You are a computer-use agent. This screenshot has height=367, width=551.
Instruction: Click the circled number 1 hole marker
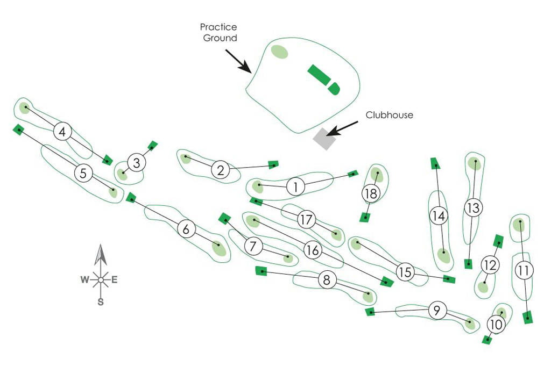pyautogui.click(x=295, y=186)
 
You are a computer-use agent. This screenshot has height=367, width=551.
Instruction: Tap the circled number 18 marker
pyautogui.click(x=370, y=193)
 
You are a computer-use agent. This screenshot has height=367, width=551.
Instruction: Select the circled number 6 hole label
pyautogui.click(x=186, y=229)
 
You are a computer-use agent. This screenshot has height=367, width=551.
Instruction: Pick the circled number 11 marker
pyautogui.click(x=523, y=271)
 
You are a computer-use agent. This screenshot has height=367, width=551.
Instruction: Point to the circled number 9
pyautogui.click(x=437, y=310)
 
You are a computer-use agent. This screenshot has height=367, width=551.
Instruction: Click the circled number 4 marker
pyautogui.click(x=63, y=131)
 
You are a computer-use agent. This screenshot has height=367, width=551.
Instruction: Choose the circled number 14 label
pyautogui.click(x=439, y=216)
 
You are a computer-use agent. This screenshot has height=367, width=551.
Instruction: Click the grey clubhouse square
pyautogui.click(x=324, y=139)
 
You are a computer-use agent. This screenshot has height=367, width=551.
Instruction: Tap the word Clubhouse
pyautogui.click(x=389, y=115)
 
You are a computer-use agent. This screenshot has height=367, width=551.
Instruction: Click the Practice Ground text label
pyautogui.click(x=219, y=32)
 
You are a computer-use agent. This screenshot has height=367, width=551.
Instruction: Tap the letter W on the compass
pyautogui.click(x=84, y=279)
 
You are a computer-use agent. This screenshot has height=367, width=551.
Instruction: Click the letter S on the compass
pyautogui.click(x=101, y=302)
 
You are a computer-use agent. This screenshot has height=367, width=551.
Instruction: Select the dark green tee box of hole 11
pyautogui.click(x=528, y=318)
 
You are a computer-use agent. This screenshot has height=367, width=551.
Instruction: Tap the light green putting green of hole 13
pyautogui.click(x=474, y=163)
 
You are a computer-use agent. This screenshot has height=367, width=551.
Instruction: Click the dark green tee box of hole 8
pyautogui.click(x=262, y=271)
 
